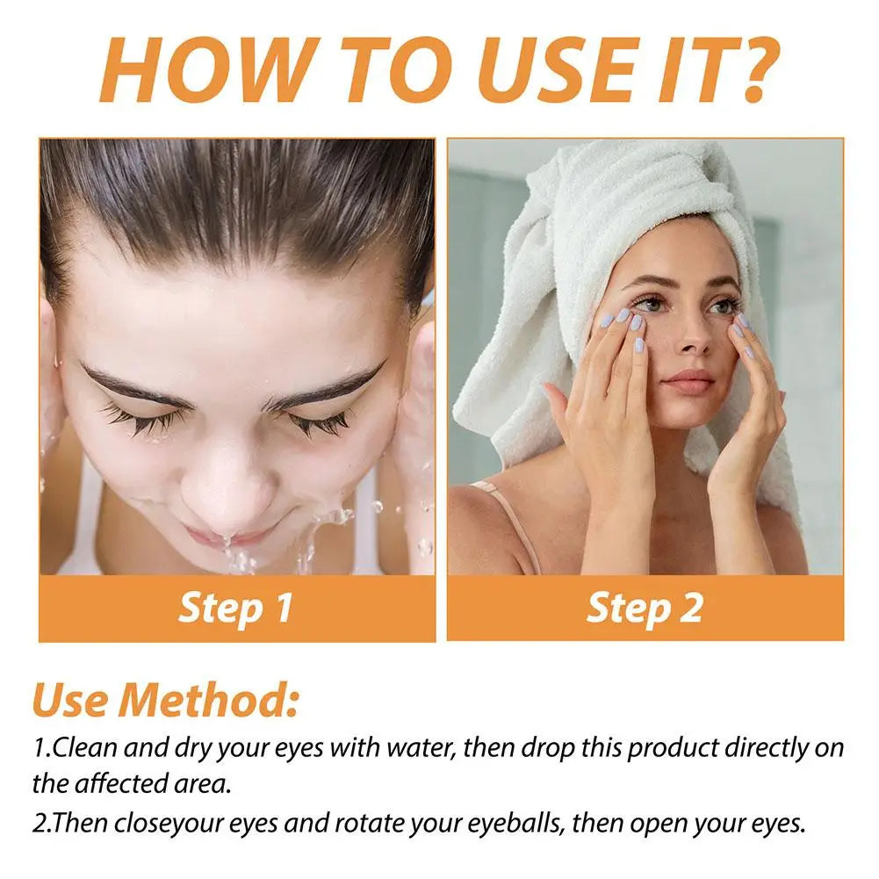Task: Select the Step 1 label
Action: click(235, 609)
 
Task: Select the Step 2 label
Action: click(645, 609)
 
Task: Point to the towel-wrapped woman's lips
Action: click(688, 381)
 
